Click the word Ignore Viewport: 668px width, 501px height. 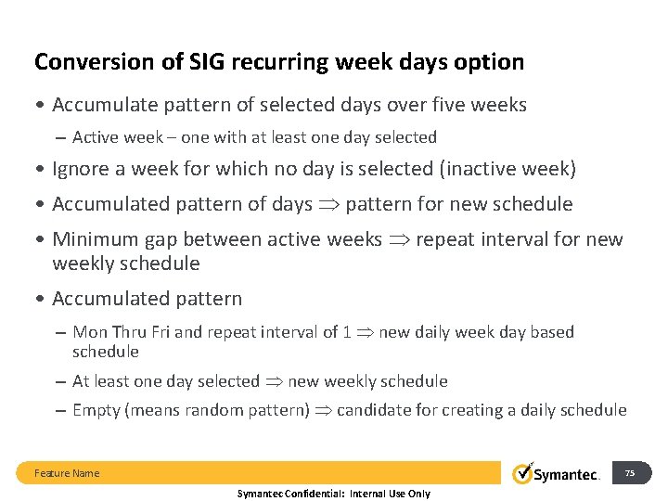[83, 169]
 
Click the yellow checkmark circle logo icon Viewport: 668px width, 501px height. [524, 472]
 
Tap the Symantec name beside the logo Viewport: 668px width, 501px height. [568, 474]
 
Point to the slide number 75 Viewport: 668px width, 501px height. [630, 473]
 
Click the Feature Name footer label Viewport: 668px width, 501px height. [67, 473]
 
